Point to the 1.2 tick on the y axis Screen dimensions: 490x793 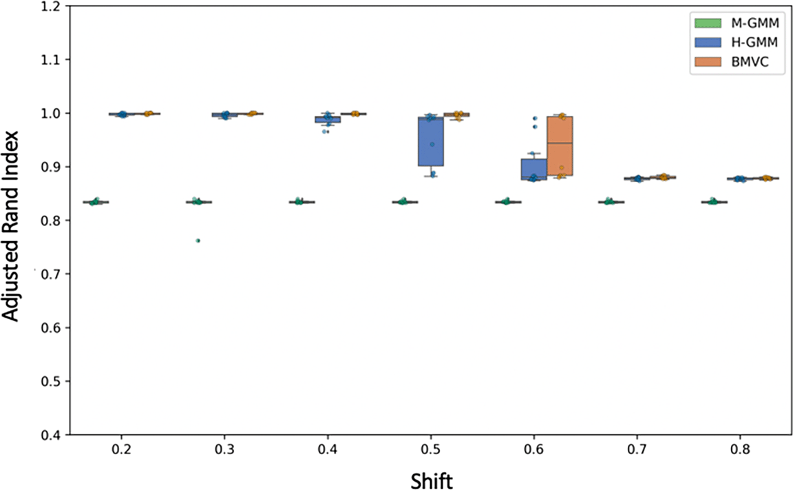coord(50,6)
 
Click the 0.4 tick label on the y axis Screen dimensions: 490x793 coord(50,435)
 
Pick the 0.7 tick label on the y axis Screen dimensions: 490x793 coord(50,274)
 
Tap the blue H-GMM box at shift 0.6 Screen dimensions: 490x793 coord(534,169)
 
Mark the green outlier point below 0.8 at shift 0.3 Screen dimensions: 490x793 coord(198,241)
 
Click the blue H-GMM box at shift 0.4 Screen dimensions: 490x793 coord(328,119)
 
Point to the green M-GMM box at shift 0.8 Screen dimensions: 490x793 coord(714,202)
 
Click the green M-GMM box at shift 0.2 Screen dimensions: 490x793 coord(96,202)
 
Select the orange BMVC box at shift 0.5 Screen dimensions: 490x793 coord(456,115)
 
